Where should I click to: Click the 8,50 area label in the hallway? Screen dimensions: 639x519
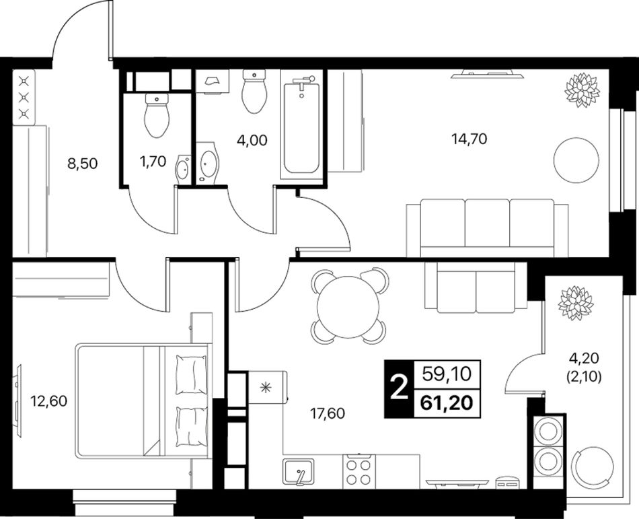coord(82,164)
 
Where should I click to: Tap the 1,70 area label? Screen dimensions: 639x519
coord(153,162)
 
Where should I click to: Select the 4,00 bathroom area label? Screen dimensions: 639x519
coord(252,141)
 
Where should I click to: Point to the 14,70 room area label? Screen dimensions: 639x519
coord(469,139)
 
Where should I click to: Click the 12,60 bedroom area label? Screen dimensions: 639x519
coord(49,402)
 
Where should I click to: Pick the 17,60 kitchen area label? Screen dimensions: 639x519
coord(328,414)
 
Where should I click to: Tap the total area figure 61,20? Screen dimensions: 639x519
coord(447,403)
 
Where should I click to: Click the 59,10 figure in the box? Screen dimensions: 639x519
coord(447,374)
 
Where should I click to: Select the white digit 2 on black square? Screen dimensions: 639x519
coord(399,389)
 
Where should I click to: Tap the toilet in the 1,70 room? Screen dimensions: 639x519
coord(157,115)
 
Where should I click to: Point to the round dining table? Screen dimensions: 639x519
coord(348,306)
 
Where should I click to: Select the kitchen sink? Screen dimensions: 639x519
coord(299,471)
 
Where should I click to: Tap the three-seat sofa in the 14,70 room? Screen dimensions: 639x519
coord(487,228)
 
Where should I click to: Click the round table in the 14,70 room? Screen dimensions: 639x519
coord(576,160)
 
